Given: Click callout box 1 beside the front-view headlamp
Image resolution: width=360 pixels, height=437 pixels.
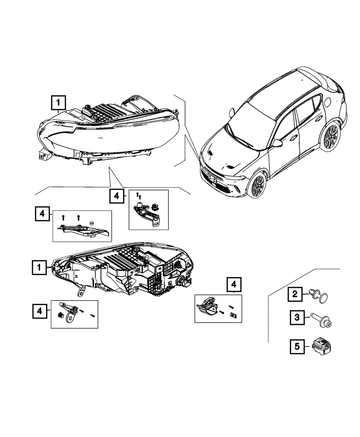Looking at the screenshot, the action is point(58,103).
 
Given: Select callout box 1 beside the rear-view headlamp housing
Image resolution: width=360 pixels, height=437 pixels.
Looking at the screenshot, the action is point(39,267).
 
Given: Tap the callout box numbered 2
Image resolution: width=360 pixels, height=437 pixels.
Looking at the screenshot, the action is point(295,294).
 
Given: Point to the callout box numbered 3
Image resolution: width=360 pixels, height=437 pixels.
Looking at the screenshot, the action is point(297,317).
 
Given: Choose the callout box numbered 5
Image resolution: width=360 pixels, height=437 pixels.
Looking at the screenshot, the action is point(297,347).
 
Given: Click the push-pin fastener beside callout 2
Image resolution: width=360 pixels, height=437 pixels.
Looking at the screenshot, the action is point(318,296).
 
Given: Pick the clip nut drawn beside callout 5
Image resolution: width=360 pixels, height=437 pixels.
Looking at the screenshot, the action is point(321,346).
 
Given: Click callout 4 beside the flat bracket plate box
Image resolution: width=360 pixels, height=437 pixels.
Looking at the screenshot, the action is point(42,214).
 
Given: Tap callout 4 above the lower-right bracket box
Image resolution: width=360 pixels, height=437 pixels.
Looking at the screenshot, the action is point(234,285).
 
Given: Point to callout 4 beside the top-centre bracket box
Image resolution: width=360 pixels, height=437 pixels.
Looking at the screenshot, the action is point(117,196).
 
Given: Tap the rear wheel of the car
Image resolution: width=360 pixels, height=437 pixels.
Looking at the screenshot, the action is point(331,137).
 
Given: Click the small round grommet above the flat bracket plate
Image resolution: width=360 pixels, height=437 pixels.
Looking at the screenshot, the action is point(91,223).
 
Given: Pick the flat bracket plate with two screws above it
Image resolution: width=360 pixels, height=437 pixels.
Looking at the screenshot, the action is point(83,230).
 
